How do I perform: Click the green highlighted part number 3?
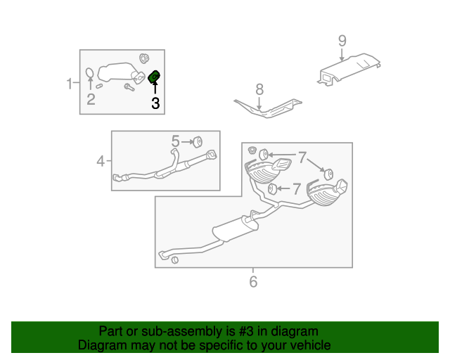click(154, 77)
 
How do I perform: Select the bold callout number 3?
click(155, 103)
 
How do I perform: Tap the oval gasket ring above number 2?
click(90, 74)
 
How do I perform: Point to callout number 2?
click(91, 99)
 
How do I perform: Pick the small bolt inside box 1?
click(129, 87)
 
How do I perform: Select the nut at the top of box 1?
click(144, 57)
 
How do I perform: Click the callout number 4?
click(101, 162)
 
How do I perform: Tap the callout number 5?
click(176, 141)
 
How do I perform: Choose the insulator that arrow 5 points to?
click(198, 139)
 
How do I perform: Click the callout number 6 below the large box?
click(253, 282)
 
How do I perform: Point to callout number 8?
click(259, 89)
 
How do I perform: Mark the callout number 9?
click(342, 41)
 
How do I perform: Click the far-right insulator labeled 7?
click(327, 172)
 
